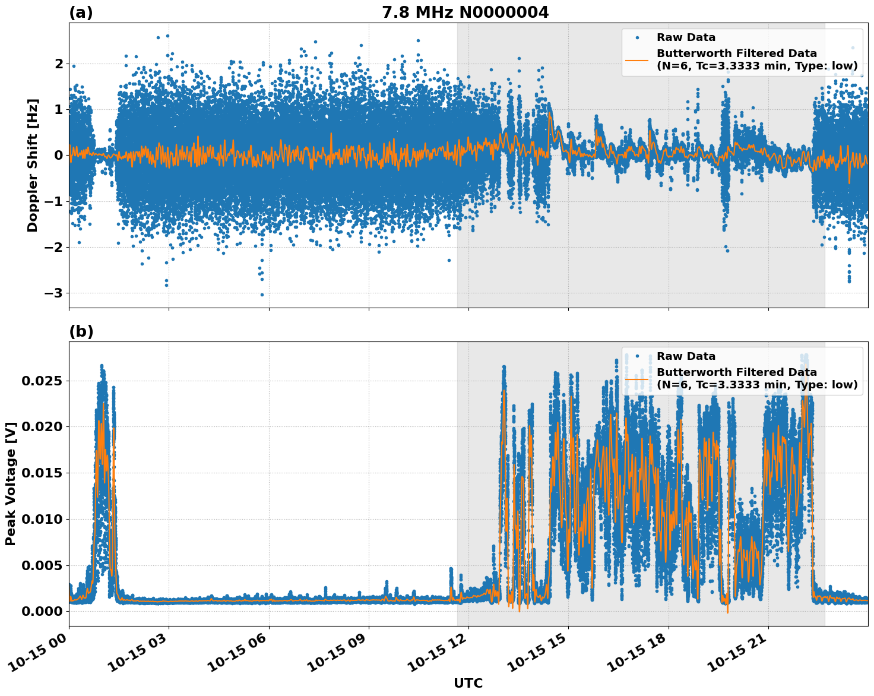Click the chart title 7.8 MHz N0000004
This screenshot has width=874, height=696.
(x=465, y=12)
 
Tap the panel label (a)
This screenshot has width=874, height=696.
(x=81, y=12)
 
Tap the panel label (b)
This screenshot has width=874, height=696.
(x=81, y=331)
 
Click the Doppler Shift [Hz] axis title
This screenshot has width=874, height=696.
(x=33, y=165)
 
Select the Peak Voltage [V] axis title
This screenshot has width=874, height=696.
(x=10, y=483)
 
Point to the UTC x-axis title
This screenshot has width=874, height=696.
(x=468, y=683)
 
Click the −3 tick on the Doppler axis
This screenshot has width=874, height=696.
(x=51, y=293)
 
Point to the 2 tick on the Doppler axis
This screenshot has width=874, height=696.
(x=58, y=64)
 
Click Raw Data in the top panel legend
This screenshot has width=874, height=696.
(x=686, y=37)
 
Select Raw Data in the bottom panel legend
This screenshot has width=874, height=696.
(x=686, y=356)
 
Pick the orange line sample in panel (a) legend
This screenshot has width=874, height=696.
(x=637, y=59)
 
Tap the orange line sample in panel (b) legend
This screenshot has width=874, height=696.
(x=637, y=378)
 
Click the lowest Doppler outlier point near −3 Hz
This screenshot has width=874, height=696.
(x=262, y=295)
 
